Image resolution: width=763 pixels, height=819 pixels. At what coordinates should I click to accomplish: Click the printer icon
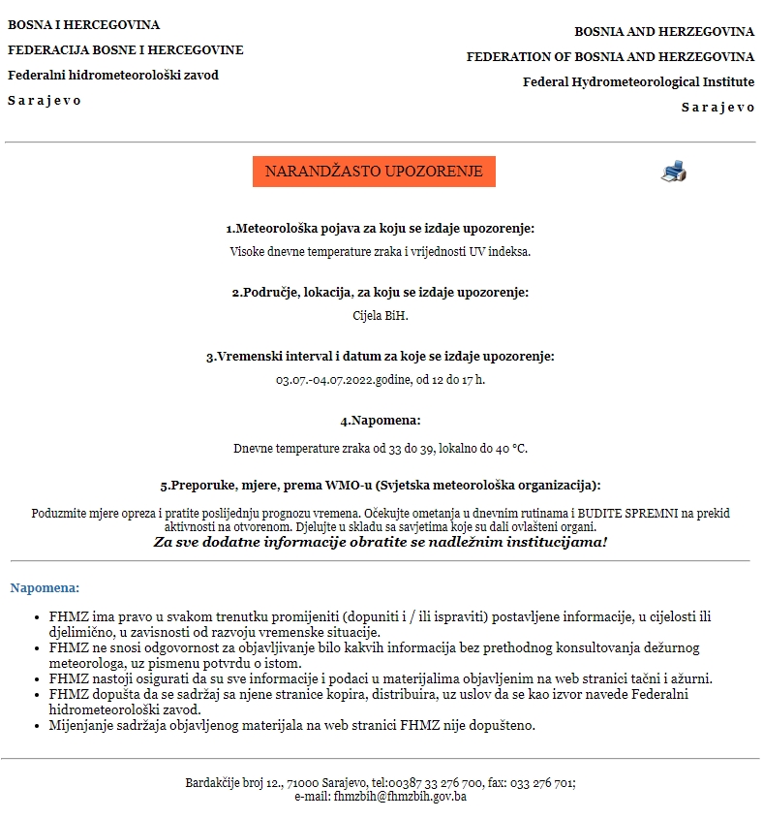point(674,172)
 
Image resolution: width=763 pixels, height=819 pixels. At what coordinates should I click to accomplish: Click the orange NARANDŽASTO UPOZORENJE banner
point(374,172)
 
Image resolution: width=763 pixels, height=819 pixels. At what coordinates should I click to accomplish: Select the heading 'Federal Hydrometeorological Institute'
point(638,82)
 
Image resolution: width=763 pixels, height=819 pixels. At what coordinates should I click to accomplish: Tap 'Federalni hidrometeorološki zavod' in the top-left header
point(113,76)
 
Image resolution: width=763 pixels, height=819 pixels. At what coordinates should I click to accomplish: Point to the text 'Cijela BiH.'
point(381,316)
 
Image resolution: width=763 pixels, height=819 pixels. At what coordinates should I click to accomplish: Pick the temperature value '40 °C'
point(512,449)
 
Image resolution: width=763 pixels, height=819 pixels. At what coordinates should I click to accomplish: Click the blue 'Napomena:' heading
point(45,587)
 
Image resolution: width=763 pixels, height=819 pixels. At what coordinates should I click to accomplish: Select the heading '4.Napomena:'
point(381,421)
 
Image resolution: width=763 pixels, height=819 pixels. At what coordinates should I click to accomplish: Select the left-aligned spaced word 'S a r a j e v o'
point(45,101)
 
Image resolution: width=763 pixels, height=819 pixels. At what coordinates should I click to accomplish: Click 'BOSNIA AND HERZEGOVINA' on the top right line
point(664,32)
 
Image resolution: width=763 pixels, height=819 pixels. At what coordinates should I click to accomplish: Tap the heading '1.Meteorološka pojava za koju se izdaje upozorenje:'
point(381,229)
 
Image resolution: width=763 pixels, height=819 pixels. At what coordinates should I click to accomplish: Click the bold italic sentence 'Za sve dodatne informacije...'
point(381,542)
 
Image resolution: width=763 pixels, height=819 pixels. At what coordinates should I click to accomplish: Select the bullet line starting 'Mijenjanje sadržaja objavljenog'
point(291,725)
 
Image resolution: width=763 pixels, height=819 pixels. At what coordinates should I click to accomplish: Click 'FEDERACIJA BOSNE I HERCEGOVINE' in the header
point(126,50)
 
